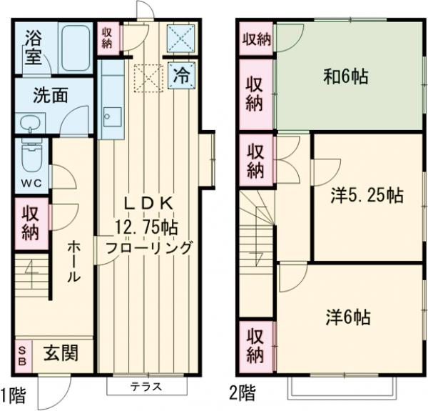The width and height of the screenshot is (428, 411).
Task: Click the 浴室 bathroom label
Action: [33, 46]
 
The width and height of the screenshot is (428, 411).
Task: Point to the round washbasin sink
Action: [29, 123]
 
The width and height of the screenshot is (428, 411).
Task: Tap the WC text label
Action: [30, 182]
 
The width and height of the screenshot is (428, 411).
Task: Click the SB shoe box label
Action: [23, 354]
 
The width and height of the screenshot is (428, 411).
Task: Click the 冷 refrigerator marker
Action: [182, 75]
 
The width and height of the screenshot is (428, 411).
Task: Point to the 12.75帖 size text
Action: [148, 227]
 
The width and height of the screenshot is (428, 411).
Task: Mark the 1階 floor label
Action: [14, 392]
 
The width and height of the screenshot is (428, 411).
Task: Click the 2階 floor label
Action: [243, 392]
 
